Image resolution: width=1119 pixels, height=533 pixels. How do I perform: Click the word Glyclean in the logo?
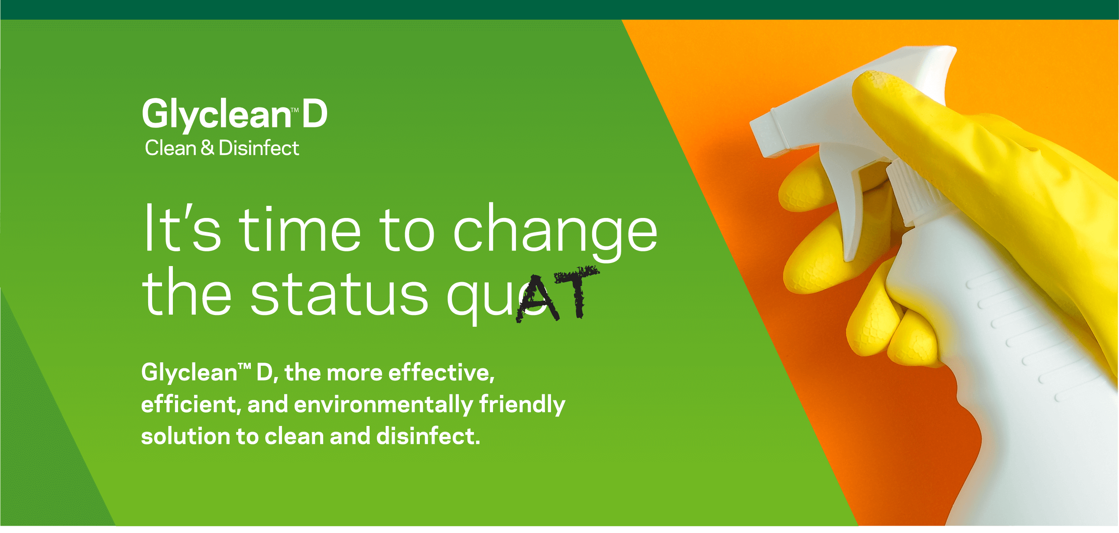216,115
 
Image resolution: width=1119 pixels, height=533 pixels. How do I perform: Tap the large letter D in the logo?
315,114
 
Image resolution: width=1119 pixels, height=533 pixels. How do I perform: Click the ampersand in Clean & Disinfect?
207,148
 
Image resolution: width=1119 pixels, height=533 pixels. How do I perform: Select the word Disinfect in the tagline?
259,148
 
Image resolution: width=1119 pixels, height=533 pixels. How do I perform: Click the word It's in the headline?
182,227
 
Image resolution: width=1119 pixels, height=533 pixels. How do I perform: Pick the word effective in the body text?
441,373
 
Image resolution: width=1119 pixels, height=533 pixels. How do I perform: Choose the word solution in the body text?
185,436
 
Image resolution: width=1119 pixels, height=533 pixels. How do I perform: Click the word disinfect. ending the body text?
428,436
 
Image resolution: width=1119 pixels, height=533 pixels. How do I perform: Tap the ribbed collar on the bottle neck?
912,191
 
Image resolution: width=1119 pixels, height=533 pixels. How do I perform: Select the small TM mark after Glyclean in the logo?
295,110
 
